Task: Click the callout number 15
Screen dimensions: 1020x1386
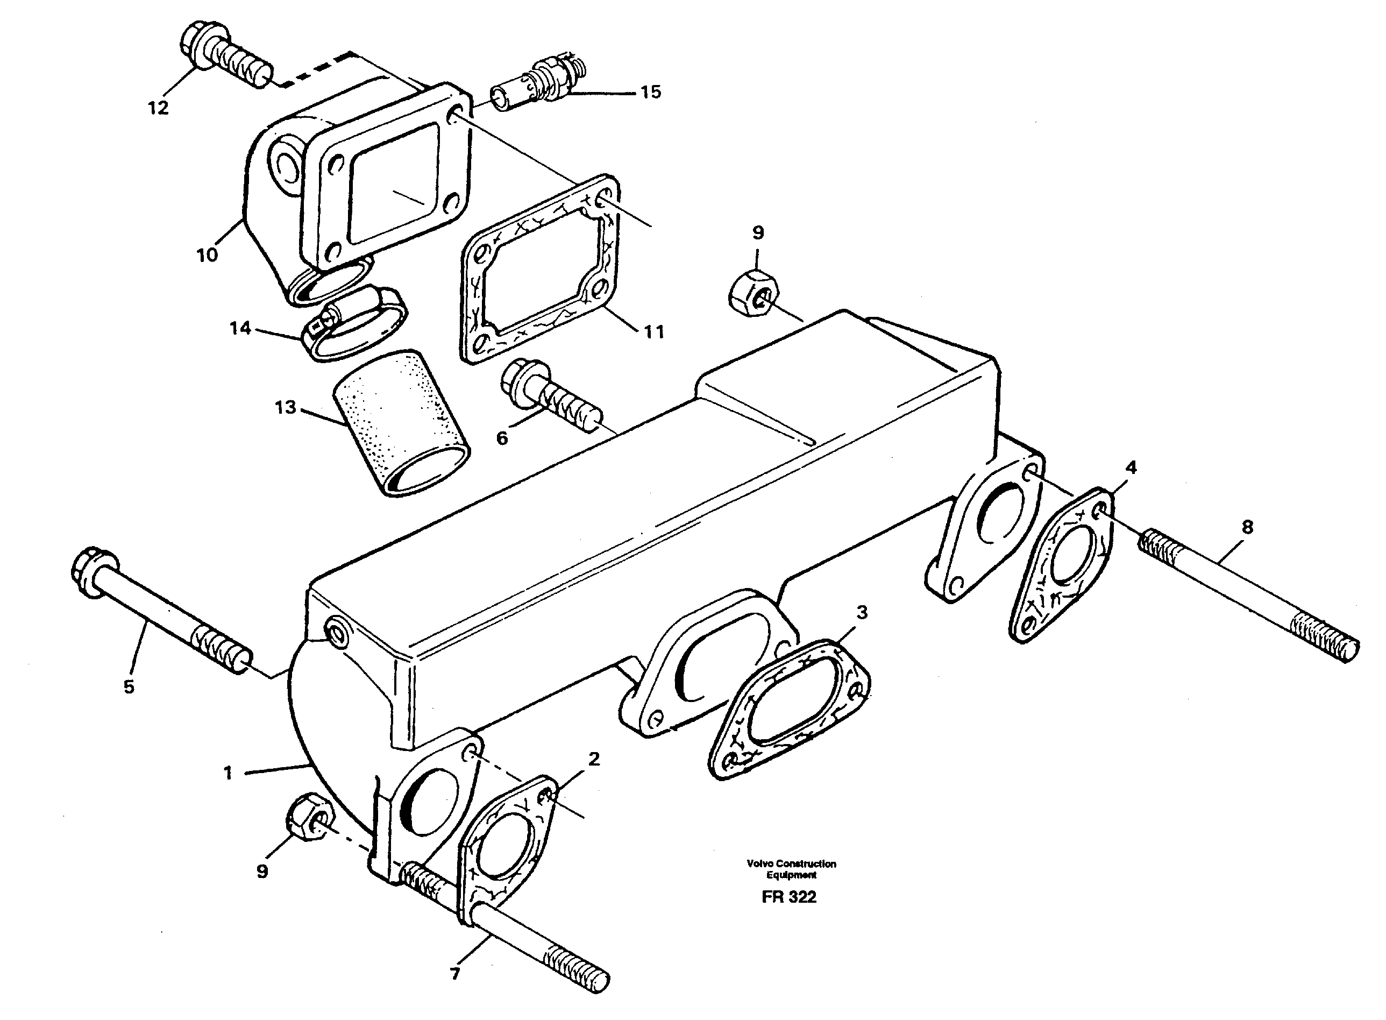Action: pyautogui.click(x=650, y=93)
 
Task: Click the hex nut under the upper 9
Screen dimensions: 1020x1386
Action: pyautogui.click(x=754, y=293)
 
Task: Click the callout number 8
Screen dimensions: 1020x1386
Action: pyautogui.click(x=1247, y=527)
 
